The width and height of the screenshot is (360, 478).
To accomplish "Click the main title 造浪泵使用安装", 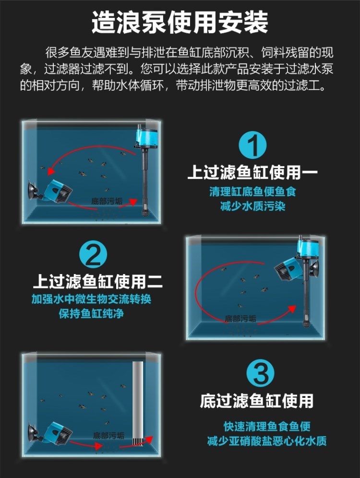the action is [180, 23].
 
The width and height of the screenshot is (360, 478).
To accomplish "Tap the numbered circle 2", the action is [93, 255].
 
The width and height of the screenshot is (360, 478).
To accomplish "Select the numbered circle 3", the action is [260, 373].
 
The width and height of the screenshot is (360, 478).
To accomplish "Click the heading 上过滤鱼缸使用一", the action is [252, 172].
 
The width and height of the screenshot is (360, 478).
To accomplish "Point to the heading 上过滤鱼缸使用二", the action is [98, 281].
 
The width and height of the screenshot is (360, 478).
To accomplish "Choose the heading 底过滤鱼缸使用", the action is [257, 401].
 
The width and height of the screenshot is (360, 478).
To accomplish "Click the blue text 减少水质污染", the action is [252, 206].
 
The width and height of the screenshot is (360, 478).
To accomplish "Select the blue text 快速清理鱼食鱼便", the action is [267, 426].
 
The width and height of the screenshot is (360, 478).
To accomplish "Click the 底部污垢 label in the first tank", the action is [107, 201].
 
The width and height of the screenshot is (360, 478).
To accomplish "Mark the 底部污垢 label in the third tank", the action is [108, 435].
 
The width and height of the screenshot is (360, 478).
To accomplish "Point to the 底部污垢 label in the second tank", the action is [240, 319].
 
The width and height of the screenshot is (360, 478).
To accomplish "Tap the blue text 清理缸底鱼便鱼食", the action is [252, 192].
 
